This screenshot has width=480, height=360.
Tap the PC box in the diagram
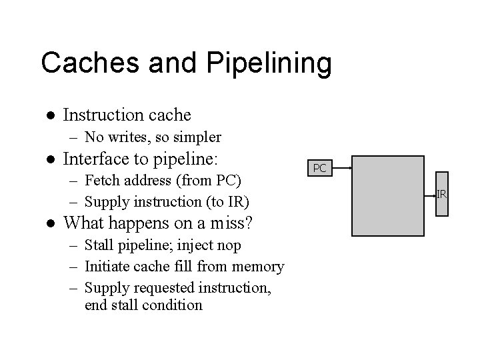(x=319, y=168)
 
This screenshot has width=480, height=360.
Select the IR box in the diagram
(x=441, y=194)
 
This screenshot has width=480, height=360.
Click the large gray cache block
(x=387, y=196)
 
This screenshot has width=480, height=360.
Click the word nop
(x=227, y=245)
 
